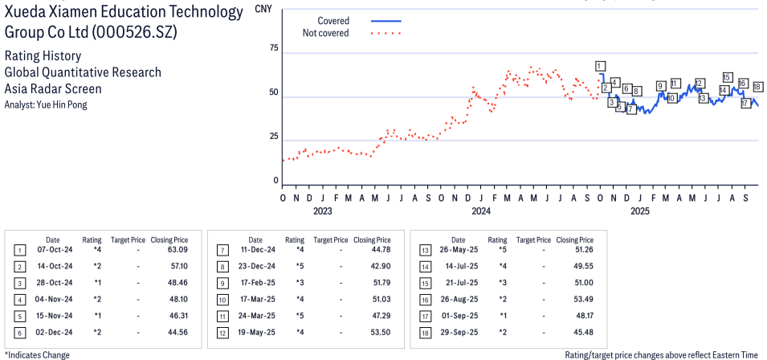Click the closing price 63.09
click(x=177, y=249)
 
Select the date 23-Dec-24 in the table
click(x=255, y=266)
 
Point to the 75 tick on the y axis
click(x=272, y=49)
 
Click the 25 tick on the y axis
click(x=272, y=137)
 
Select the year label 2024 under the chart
click(x=480, y=211)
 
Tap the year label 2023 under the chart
click(x=322, y=211)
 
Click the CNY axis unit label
click(x=262, y=10)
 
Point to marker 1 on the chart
click(x=600, y=66)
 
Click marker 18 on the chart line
click(x=757, y=87)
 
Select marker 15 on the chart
click(x=727, y=78)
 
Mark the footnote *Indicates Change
click(x=37, y=354)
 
